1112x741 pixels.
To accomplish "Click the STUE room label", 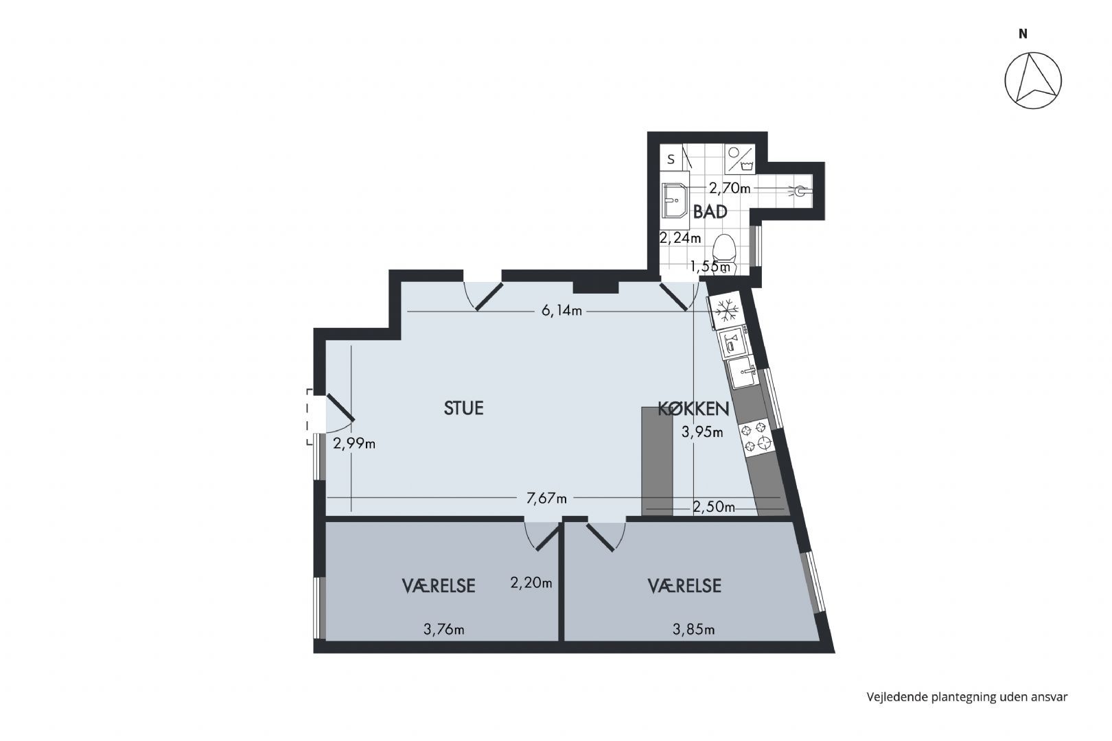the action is tap(463, 408).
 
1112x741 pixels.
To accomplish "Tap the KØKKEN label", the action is tap(693, 409).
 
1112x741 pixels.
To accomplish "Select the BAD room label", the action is tap(710, 212).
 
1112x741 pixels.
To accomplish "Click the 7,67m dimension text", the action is tap(546, 498).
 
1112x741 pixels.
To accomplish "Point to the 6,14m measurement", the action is tap(561, 311).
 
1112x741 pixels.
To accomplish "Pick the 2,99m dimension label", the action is tap(354, 444).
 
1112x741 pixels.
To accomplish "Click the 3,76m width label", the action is tap(444, 630).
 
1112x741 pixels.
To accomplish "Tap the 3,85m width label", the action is tap(693, 630).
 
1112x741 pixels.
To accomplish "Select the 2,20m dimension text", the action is tap(531, 583).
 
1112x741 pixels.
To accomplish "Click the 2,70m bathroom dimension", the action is tap(729, 189).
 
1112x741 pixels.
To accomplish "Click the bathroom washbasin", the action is tap(674, 200).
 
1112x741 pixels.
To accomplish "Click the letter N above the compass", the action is tap(1023, 34).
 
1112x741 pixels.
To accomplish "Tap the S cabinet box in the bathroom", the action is tap(671, 159).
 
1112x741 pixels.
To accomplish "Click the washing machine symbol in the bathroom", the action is tap(740, 158).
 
